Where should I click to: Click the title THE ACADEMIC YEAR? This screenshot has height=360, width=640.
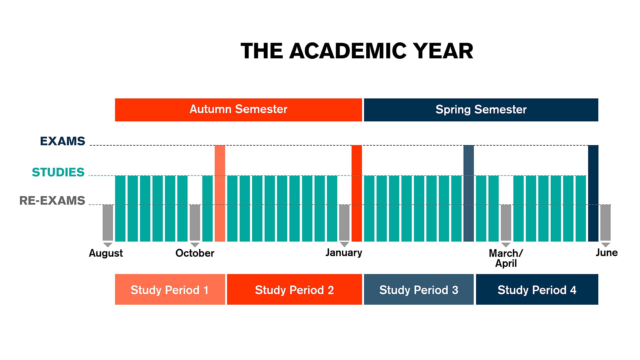[357, 51]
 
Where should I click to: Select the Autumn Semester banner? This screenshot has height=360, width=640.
[238, 110]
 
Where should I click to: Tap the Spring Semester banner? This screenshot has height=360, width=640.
[481, 110]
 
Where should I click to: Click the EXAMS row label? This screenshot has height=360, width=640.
[63, 141]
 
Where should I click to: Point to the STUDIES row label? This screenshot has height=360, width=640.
[58, 172]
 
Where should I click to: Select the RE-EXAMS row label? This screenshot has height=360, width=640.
[52, 200]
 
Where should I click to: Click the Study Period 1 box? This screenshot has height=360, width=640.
[170, 289]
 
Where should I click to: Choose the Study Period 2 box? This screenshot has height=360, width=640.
[294, 289]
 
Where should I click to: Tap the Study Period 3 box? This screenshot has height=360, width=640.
[419, 289]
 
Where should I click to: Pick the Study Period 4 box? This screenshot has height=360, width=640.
[537, 289]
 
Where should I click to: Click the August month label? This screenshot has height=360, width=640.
[106, 253]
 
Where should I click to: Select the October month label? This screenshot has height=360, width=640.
[195, 253]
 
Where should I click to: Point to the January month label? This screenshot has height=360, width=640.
[344, 253]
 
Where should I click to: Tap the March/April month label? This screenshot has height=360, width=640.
[506, 258]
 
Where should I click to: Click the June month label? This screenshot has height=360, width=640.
[607, 253]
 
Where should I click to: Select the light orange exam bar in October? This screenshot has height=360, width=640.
[220, 193]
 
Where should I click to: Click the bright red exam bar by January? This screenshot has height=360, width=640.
[357, 193]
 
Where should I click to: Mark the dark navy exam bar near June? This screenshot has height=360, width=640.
[593, 193]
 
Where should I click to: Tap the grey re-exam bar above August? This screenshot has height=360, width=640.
[108, 222]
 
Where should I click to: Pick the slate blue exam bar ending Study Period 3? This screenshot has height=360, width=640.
[468, 193]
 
